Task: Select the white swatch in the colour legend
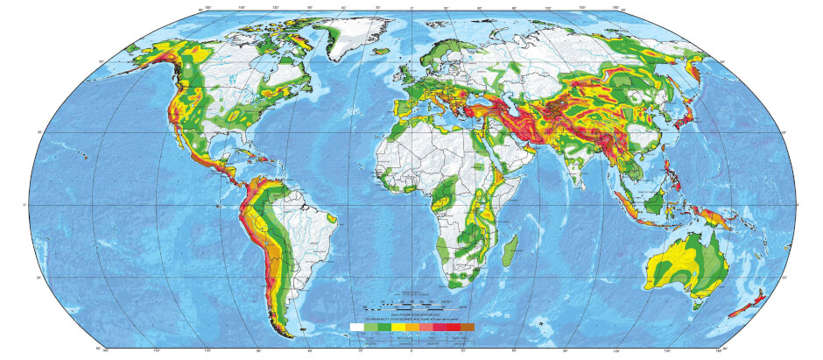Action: click(356, 327)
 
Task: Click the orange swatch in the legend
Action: click(419, 327)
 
